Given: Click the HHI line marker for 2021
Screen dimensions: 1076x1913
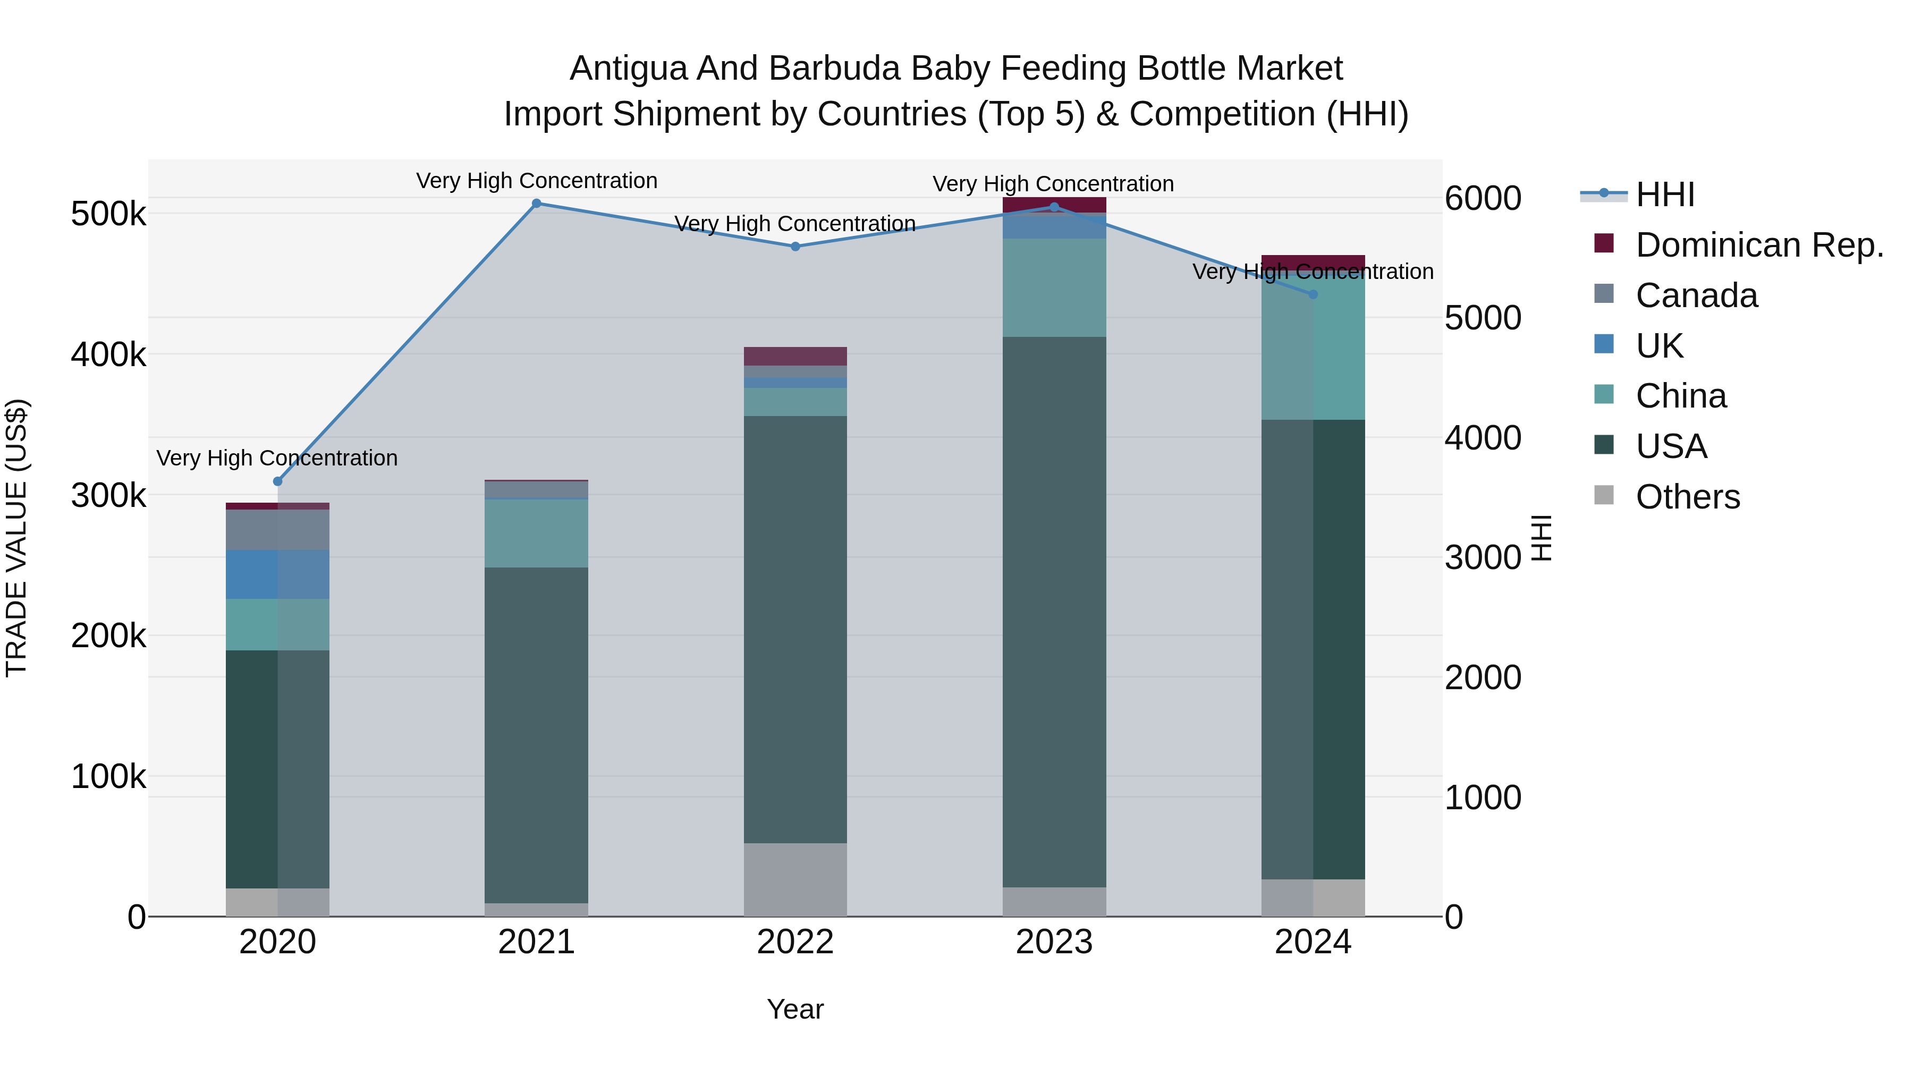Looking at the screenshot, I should [x=536, y=204].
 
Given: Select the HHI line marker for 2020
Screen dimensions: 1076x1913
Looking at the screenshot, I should [x=278, y=481].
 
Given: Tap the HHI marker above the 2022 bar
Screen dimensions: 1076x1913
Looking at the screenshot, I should [x=795, y=247].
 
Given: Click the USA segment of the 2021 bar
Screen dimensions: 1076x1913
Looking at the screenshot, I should [x=536, y=735].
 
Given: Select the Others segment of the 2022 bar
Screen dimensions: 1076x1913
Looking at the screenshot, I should [x=795, y=879].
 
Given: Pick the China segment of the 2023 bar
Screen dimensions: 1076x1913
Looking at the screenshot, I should [x=1054, y=287].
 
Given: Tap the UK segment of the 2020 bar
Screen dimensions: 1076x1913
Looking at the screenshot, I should [x=278, y=574].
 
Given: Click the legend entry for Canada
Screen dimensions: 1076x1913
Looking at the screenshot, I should [x=1696, y=295].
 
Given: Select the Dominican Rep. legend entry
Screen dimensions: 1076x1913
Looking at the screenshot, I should [x=1758, y=245].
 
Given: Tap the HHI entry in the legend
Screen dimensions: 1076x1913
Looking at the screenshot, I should [x=1664, y=194].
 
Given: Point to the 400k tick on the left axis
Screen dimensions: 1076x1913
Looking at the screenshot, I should [x=108, y=355].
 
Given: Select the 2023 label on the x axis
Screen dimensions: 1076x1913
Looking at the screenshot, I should [x=1054, y=942].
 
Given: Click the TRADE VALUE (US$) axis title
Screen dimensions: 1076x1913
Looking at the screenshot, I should [x=17, y=538].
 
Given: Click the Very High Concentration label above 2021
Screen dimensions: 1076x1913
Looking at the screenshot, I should [x=536, y=181].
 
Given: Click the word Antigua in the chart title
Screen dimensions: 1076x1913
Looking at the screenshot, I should [x=628, y=69].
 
